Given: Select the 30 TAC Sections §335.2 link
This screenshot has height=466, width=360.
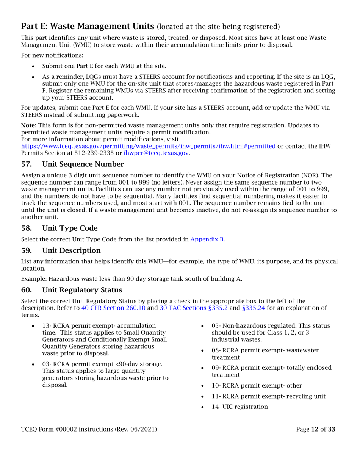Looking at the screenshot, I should pos(193,308).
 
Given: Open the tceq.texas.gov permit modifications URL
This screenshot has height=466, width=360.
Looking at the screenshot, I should pos(148,147).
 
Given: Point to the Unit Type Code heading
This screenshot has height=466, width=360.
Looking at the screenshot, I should pos(70,228).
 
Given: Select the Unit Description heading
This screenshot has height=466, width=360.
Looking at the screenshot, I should pos(71,251).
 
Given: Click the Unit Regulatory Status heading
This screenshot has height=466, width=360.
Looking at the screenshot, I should pos(82,290).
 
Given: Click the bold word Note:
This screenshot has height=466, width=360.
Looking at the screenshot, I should pos(29,125).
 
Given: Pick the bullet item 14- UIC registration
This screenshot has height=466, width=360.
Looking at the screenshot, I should pos(239,407).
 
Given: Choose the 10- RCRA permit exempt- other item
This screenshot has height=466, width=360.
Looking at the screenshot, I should pos(257,386).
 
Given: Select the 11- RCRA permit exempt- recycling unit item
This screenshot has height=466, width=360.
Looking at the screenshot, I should pos(268,396).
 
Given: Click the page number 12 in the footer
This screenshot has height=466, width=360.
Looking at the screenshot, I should pos(315,430).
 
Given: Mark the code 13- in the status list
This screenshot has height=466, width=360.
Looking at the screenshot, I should pos(47,326).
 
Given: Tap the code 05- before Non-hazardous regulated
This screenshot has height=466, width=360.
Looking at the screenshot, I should pos(216,326).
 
